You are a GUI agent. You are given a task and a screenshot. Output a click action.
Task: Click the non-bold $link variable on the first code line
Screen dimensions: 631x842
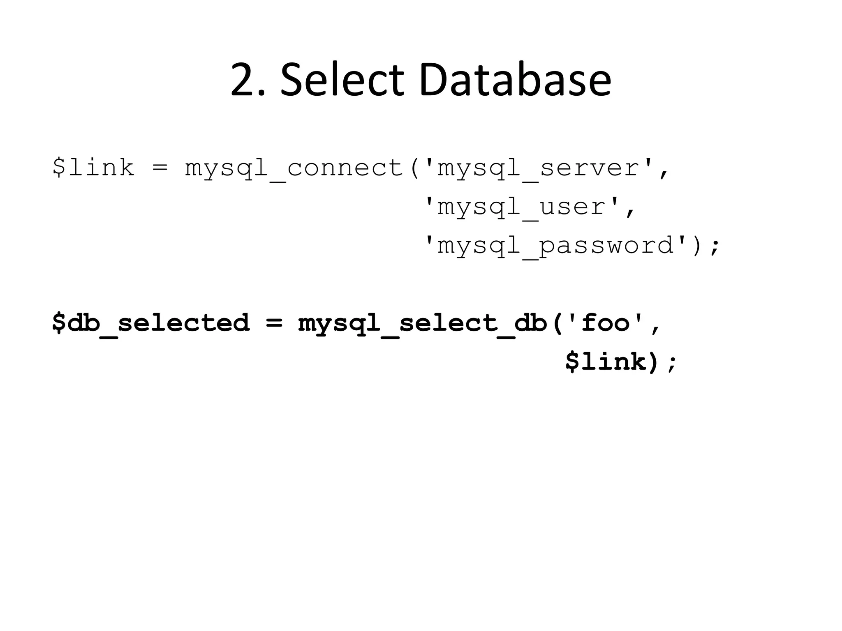(x=93, y=168)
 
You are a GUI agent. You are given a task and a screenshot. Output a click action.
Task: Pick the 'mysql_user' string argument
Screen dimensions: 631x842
(x=522, y=207)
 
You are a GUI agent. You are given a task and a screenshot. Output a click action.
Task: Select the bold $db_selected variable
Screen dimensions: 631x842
(x=150, y=323)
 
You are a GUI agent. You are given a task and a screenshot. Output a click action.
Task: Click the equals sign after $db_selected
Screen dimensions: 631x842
(x=274, y=323)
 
